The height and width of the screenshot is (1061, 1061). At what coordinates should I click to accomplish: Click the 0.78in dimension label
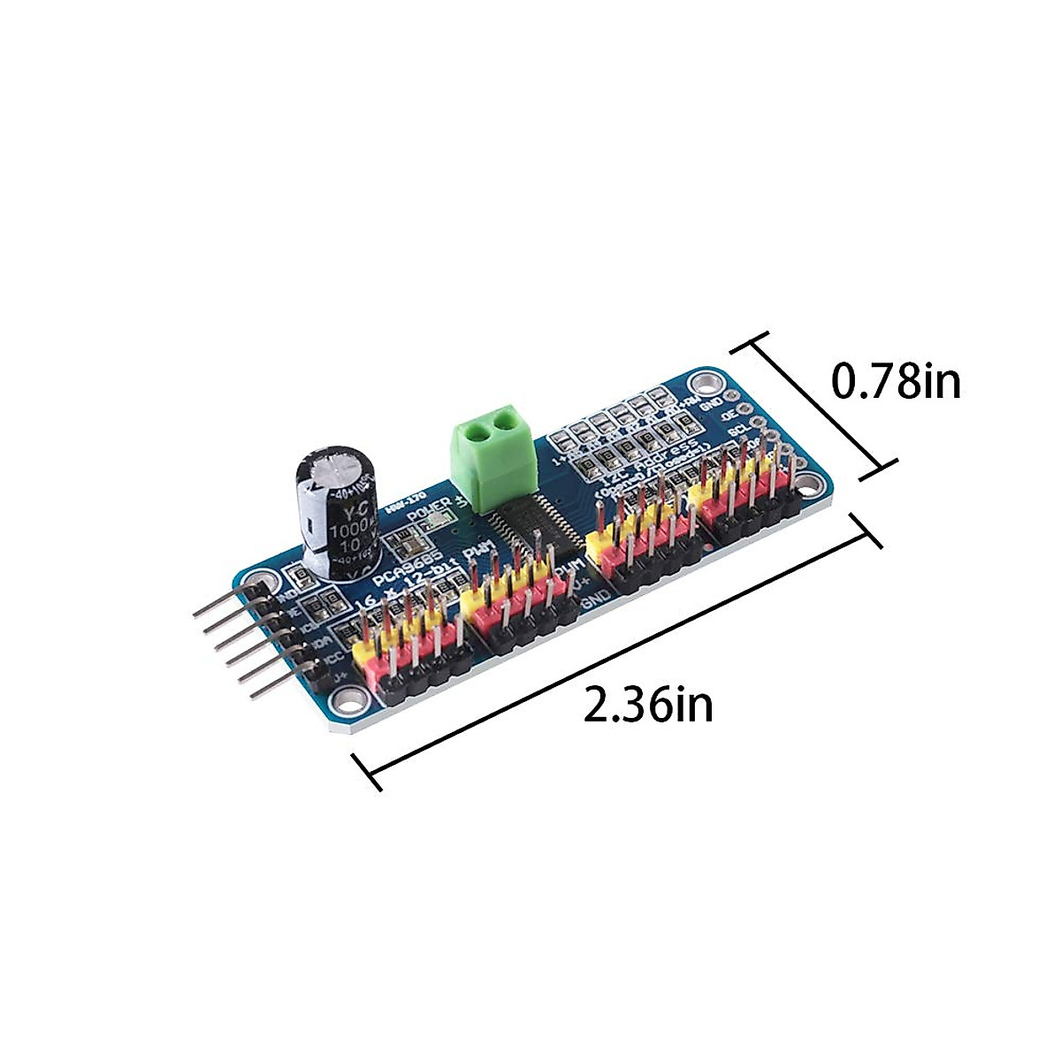point(896,381)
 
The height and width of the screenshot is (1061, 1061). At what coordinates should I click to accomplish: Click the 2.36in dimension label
point(648,705)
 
